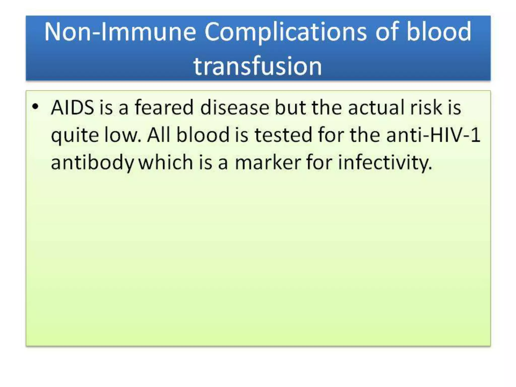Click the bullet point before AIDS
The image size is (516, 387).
(x=36, y=107)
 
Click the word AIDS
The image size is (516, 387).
(x=72, y=108)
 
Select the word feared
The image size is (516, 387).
(x=164, y=108)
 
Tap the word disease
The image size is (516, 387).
(x=235, y=108)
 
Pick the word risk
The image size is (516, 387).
(x=426, y=108)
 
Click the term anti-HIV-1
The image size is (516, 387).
(x=433, y=135)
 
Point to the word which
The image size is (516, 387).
(x=166, y=163)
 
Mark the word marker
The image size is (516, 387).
(x=268, y=163)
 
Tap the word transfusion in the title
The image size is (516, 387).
(x=258, y=66)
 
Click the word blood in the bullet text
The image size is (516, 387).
(x=203, y=135)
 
